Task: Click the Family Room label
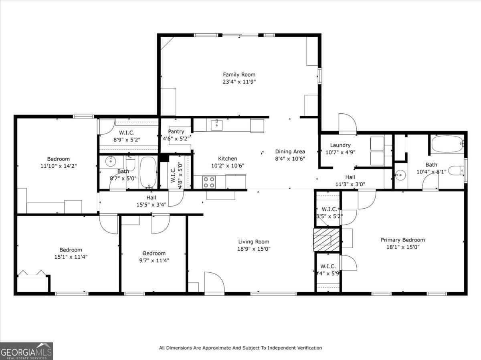[x=239, y=74]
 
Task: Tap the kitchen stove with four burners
[x=208, y=182]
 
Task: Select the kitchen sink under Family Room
[x=217, y=125]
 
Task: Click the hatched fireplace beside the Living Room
[x=326, y=240]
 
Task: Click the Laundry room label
[x=340, y=145]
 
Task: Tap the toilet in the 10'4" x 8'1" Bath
[x=456, y=171]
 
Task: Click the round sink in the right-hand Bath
[x=400, y=175]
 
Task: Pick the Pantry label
[x=176, y=131]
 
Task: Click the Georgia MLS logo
[x=26, y=351]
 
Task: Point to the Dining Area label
[x=290, y=151]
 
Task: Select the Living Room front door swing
[x=214, y=282]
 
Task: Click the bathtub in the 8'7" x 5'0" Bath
[x=148, y=172]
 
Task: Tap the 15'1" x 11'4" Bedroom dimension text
[x=71, y=257]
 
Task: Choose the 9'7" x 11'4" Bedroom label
[x=154, y=253]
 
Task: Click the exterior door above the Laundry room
[x=347, y=124]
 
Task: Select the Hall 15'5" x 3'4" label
[x=151, y=197]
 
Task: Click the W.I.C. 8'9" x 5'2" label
[x=127, y=133]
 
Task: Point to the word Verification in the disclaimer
[x=307, y=348]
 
